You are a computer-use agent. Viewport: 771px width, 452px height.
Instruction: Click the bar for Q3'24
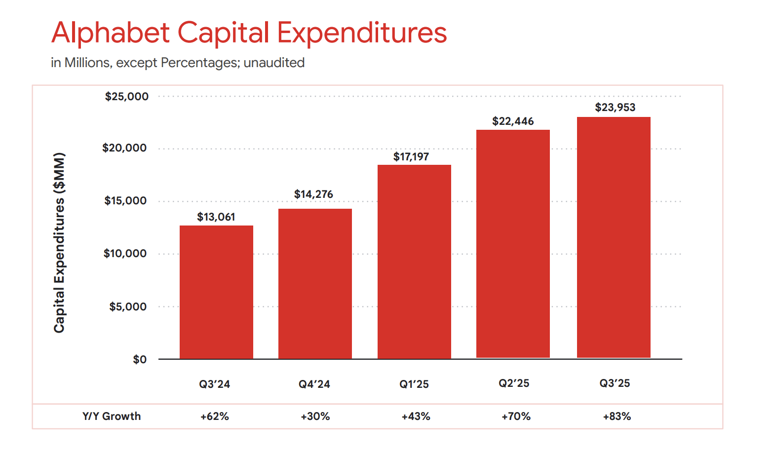tap(216, 292)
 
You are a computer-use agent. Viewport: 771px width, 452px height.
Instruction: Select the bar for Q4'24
tap(315, 284)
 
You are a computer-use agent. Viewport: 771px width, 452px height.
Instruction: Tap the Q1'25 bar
tap(414, 262)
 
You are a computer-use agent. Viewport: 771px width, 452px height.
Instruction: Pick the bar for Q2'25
tap(513, 244)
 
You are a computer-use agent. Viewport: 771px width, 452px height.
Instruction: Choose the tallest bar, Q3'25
tap(614, 237)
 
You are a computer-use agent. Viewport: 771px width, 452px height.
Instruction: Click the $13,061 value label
tap(216, 217)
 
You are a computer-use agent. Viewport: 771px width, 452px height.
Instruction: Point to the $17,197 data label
tap(411, 157)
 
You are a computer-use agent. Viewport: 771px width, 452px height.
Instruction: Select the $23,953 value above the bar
tap(615, 108)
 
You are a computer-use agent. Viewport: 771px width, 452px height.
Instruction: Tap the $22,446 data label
tap(513, 121)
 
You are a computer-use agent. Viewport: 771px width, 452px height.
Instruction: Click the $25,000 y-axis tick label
tap(126, 97)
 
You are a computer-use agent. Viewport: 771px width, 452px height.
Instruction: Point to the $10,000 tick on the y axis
tap(125, 254)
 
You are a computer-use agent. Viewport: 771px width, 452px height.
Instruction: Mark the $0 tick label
tap(140, 360)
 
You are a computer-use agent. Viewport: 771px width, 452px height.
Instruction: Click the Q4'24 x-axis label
tap(314, 384)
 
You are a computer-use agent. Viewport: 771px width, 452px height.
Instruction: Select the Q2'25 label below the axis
tap(514, 383)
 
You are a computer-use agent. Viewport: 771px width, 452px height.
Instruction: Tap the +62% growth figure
tap(215, 416)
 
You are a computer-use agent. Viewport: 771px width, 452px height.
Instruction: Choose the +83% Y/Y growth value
tap(617, 416)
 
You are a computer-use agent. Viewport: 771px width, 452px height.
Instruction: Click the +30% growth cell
tap(315, 416)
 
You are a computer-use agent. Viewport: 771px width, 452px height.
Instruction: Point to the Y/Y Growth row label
tap(112, 416)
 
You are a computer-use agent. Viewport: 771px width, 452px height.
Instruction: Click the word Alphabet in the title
tap(111, 33)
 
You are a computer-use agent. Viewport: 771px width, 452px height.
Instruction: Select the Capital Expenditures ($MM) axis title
tap(59, 243)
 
